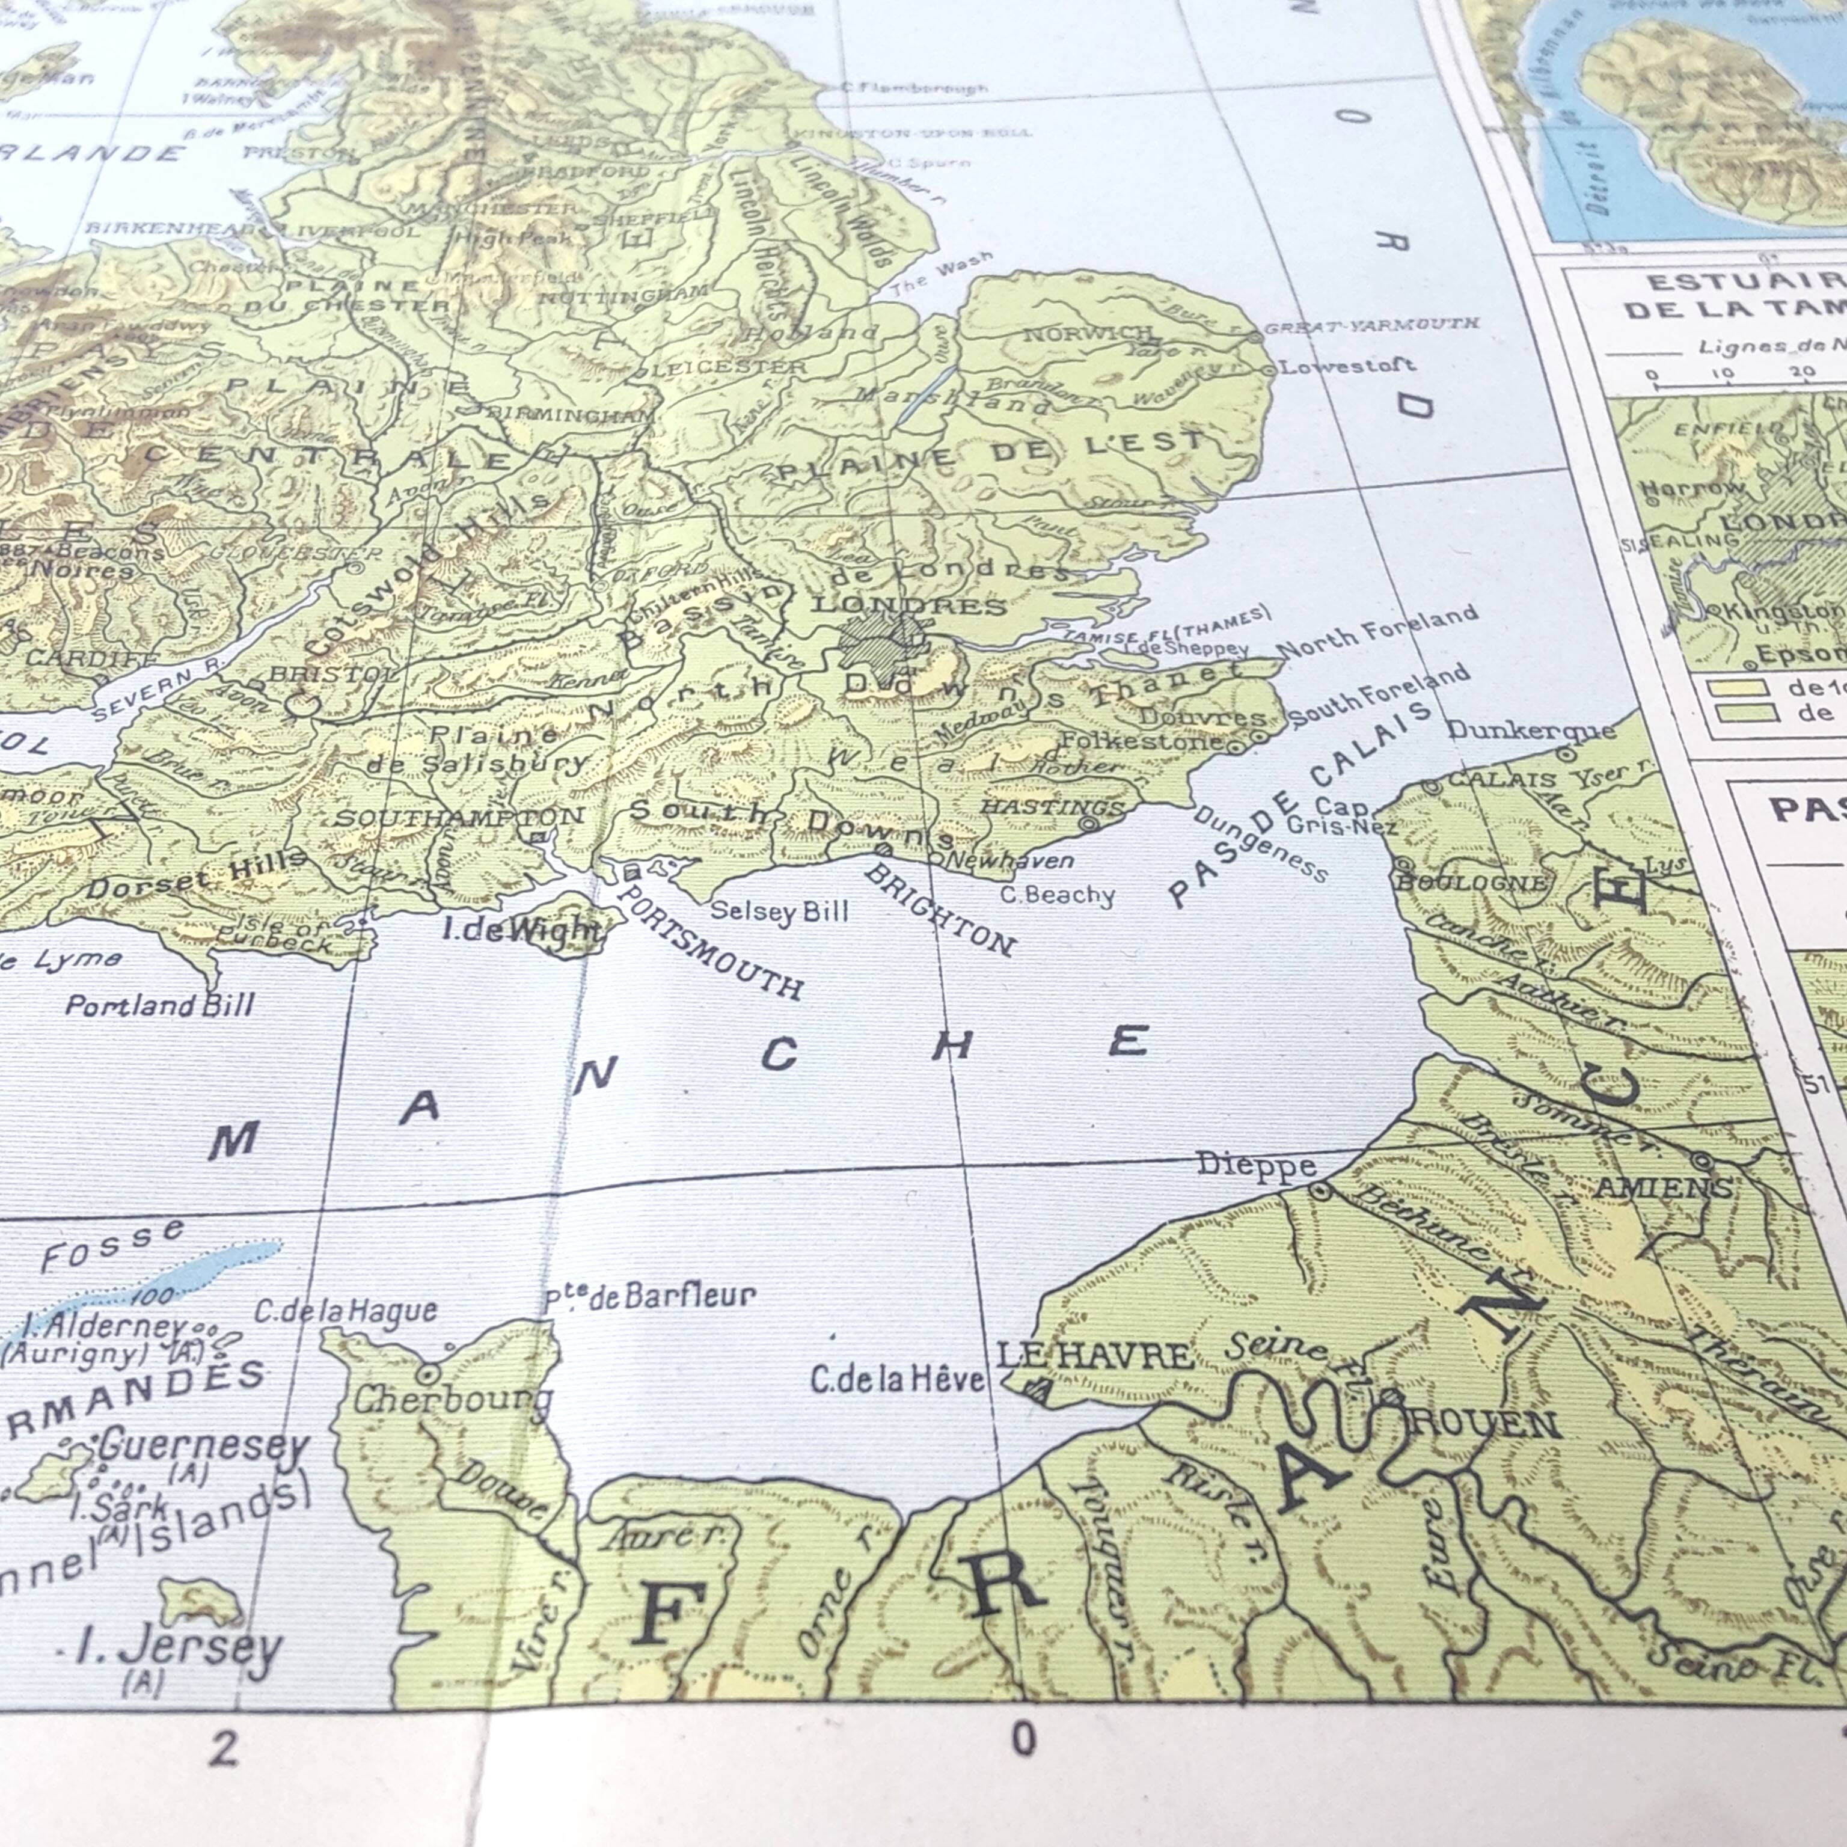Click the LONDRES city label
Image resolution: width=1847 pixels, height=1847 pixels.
point(908,606)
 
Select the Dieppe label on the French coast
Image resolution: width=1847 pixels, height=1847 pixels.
point(1256,1165)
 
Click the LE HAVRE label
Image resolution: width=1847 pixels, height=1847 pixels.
point(1095,1356)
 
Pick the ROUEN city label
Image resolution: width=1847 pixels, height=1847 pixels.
point(1484,1424)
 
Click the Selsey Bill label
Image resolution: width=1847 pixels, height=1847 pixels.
point(778,910)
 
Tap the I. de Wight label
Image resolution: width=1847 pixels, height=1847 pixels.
point(522,927)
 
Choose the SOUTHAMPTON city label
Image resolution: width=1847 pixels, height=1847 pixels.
point(459,816)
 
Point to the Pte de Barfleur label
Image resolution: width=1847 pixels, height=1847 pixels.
point(650,1297)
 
